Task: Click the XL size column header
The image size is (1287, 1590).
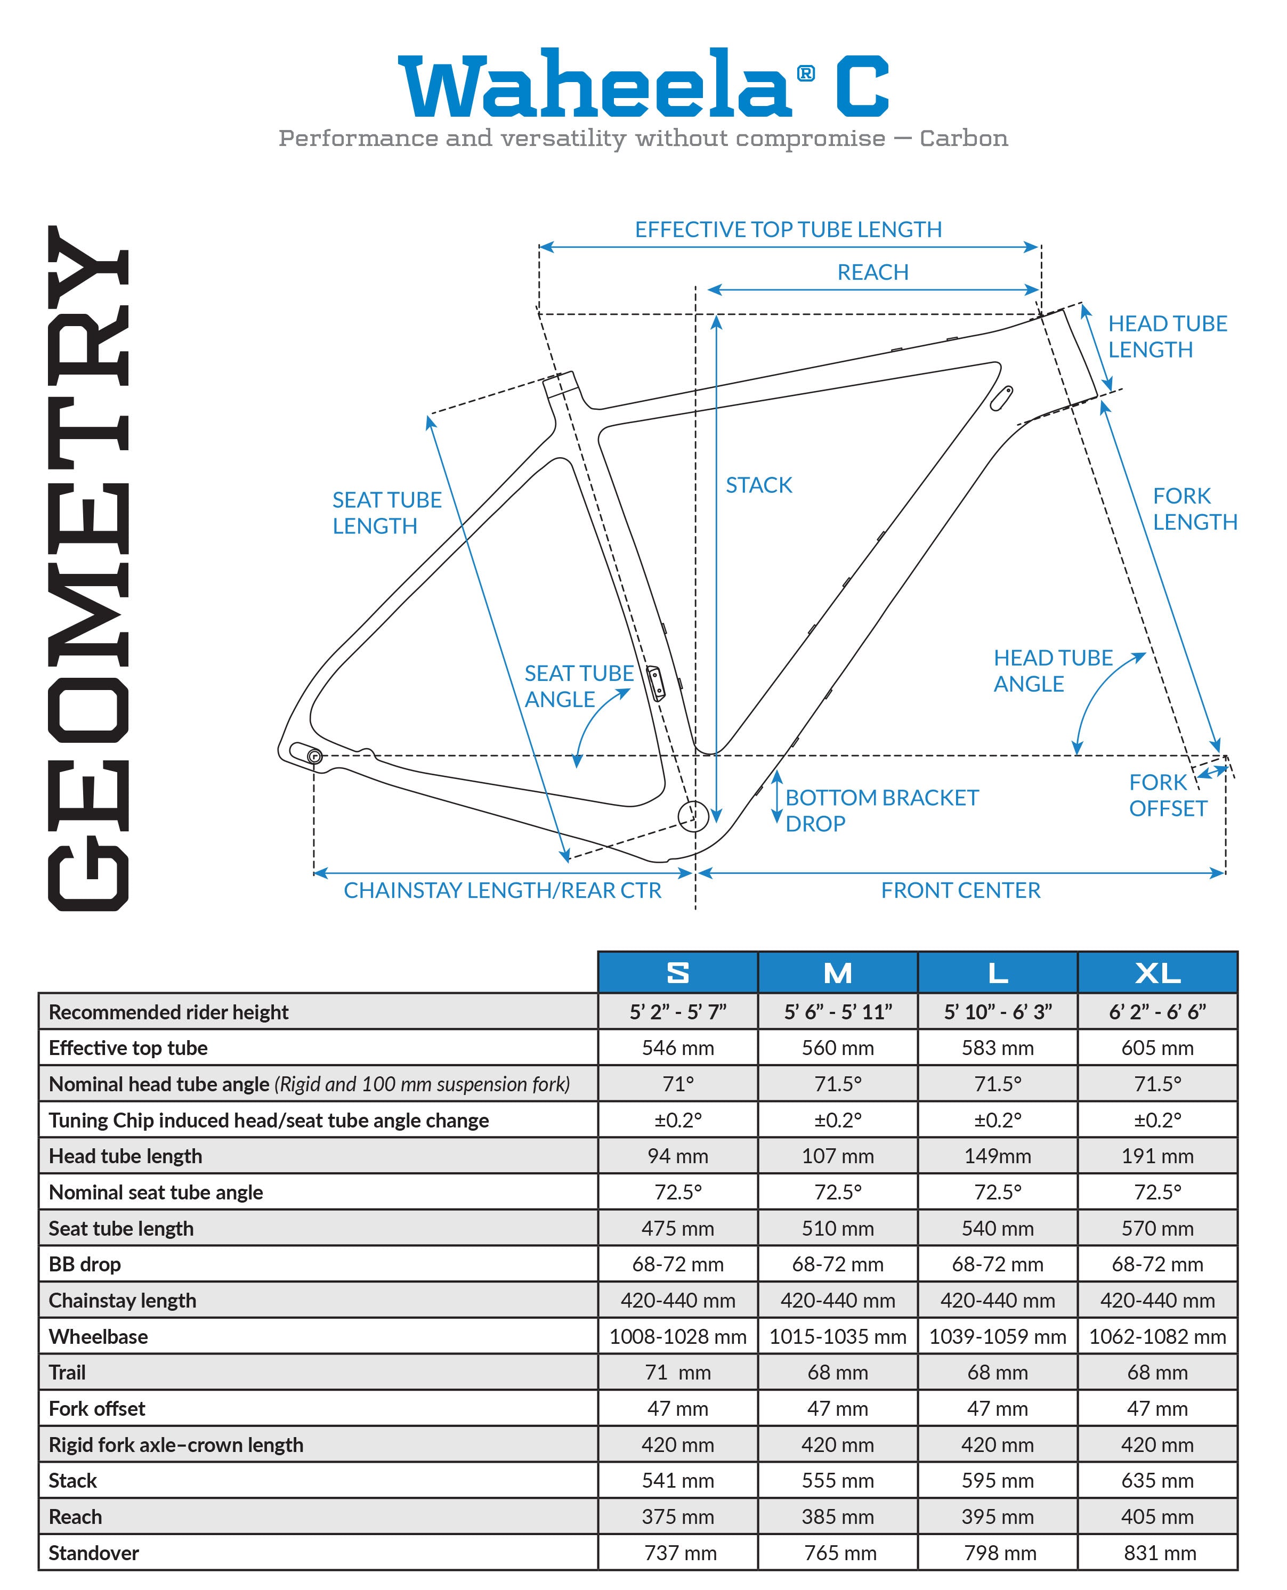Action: point(1158,972)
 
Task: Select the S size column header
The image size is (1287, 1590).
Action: point(677,972)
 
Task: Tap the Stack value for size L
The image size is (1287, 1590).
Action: point(997,1480)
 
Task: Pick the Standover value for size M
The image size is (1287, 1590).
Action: point(839,1552)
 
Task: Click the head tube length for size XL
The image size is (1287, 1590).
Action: point(1158,1156)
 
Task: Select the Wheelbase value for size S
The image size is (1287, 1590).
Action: point(677,1336)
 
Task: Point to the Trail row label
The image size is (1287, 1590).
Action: point(68,1372)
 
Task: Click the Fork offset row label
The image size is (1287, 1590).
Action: point(97,1408)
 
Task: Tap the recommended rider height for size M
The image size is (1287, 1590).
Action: point(838,1012)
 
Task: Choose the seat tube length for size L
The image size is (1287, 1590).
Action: point(997,1228)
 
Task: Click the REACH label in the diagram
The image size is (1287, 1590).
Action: point(872,272)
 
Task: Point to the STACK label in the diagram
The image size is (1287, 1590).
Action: point(758,485)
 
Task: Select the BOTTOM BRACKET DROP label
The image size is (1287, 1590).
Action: point(881,810)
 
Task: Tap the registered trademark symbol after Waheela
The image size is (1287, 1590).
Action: point(806,74)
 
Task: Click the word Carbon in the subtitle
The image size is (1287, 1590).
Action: point(963,139)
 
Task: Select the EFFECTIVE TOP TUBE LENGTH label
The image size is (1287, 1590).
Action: point(788,230)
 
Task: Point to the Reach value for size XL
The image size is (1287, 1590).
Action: point(1158,1516)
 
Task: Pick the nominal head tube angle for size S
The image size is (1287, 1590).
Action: point(677,1084)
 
